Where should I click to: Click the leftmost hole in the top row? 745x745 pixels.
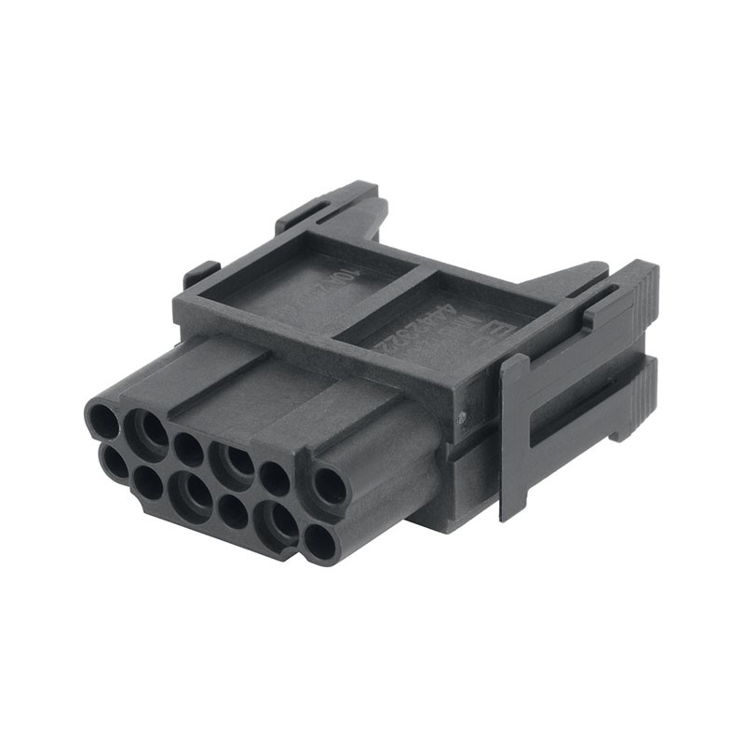tap(102, 422)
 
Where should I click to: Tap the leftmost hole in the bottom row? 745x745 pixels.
tap(115, 462)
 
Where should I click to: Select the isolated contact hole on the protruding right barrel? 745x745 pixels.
tap(330, 486)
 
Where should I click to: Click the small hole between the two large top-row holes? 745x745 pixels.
tap(189, 449)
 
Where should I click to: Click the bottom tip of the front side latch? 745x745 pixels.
tap(508, 512)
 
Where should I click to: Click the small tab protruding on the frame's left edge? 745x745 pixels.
tap(199, 274)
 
